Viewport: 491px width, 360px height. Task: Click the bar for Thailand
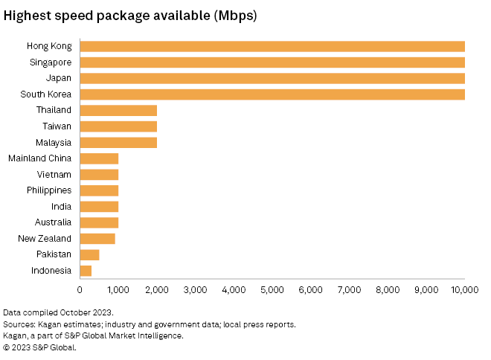118,110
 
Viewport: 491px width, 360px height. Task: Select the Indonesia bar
86,271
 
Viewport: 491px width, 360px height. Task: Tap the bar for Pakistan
89,254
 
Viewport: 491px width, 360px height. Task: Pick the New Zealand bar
97,239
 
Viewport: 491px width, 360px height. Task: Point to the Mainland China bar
99,158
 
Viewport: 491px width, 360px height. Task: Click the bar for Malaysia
118,142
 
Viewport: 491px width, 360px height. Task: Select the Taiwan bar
118,126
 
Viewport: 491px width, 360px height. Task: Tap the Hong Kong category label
49,46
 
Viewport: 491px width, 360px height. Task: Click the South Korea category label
46,94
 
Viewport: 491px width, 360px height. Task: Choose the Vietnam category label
54,174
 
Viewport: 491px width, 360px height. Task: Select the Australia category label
53,222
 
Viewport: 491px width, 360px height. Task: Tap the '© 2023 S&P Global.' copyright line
40,347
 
